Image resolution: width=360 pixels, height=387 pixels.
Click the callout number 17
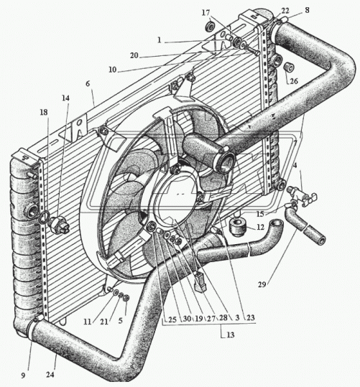pos(206,13)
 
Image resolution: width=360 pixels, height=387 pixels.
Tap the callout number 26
pos(294,81)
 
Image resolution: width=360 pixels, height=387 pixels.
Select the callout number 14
pos(65,98)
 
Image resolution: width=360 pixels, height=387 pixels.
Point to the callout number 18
pos(44,112)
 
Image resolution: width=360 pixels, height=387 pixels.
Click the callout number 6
pos(88,84)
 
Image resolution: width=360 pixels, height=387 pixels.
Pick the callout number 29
pos(262,284)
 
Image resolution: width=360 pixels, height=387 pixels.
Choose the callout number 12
pos(260,227)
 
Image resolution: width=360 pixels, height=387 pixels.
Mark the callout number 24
pos(50,375)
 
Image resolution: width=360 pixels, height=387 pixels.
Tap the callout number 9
pos(23,376)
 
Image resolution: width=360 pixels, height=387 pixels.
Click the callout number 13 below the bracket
pos(230,335)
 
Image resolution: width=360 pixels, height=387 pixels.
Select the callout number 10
pos(112,70)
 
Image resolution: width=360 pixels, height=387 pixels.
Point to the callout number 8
pos(307,10)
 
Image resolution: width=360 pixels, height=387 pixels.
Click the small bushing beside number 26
pos(288,67)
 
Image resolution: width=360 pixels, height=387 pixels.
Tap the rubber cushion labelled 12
pos(238,227)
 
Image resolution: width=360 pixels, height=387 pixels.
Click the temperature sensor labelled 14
pos(60,225)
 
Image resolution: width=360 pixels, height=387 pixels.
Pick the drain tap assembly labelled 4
pos(303,195)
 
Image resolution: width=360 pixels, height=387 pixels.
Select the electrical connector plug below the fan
pos(200,281)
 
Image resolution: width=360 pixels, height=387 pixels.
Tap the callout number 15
pos(260,214)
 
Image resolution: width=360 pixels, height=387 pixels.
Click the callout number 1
pos(160,40)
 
